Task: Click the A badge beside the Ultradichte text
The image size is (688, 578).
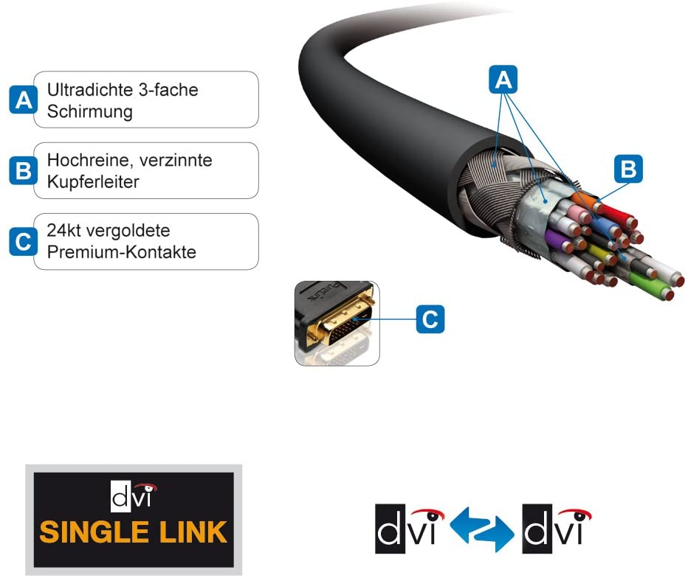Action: (24, 100)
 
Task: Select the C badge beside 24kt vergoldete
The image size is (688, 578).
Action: (24, 241)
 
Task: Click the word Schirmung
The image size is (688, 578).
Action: (89, 111)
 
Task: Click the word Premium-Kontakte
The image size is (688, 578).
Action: (121, 253)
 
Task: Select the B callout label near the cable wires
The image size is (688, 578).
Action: (628, 169)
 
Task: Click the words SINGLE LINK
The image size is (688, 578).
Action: (134, 532)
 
